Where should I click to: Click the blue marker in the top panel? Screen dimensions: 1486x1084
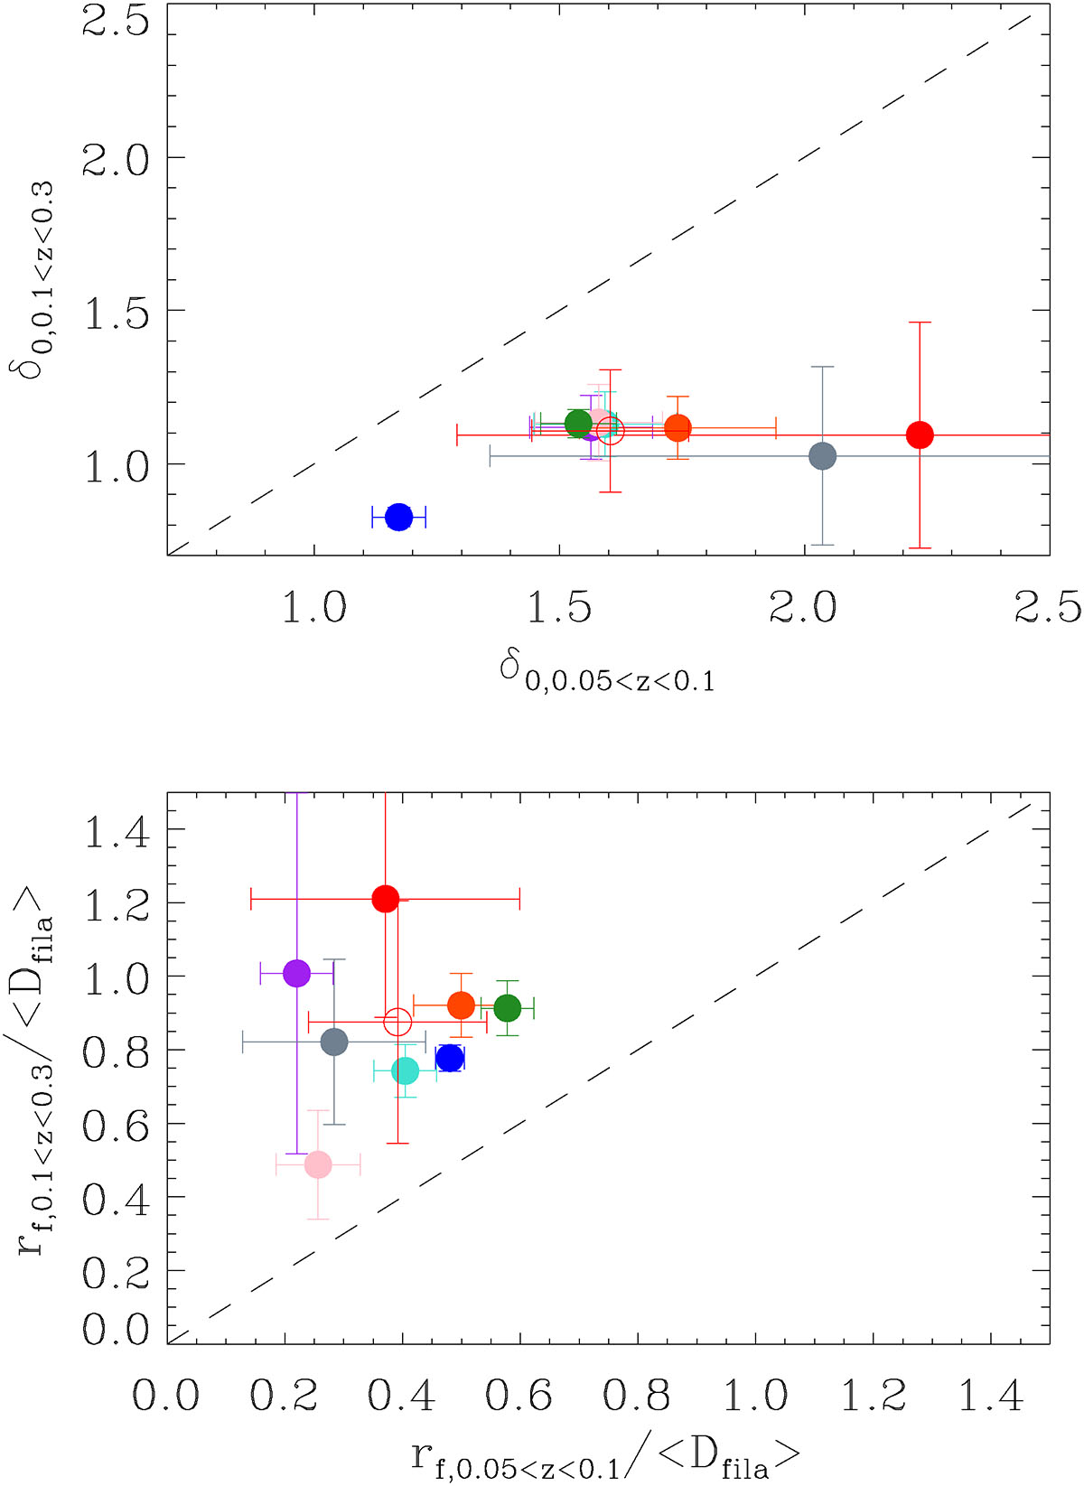tap(398, 517)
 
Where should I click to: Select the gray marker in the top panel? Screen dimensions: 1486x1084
tap(822, 455)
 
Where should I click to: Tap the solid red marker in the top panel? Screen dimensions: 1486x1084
tap(920, 435)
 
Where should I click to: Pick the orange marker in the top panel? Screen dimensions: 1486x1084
tap(677, 428)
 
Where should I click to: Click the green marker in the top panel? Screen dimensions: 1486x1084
tap(578, 423)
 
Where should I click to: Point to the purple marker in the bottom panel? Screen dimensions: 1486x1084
tap(296, 973)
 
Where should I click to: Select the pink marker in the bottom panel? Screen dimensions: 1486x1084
tap(318, 1164)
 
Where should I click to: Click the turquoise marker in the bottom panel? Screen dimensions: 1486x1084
tap(406, 1070)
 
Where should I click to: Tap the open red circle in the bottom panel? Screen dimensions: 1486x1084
tap(397, 1022)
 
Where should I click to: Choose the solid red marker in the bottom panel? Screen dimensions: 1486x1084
tap(386, 899)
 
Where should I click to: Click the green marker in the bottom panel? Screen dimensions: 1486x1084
tap(508, 1007)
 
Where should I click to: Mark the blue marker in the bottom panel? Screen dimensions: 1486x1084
tap(449, 1058)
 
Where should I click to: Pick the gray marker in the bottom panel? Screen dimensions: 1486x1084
tap(334, 1042)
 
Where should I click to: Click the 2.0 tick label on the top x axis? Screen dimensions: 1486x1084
tap(803, 607)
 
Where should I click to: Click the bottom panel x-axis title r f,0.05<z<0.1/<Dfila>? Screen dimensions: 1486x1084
tap(607, 1458)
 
